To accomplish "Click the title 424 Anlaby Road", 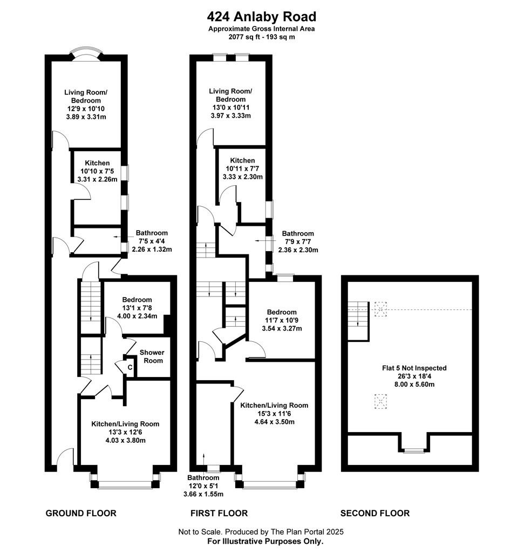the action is point(262,17).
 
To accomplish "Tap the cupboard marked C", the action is point(129,367).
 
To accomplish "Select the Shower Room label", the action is point(152,356).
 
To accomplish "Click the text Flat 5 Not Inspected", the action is point(414,368).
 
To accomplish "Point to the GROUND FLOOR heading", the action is point(81,513).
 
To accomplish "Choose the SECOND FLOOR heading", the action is point(375,513).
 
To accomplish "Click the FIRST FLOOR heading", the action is point(219,513).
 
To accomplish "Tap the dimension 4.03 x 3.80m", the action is point(125,440).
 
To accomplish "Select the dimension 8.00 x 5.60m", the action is point(414,385).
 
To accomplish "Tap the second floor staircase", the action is point(359,321).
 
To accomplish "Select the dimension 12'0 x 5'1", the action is point(203,486).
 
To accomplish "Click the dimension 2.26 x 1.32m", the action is point(152,249).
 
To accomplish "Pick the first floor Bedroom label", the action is point(282,312).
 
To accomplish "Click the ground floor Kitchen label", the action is point(97,163).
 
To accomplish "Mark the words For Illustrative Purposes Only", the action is point(265,541).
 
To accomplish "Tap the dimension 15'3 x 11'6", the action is point(274,414).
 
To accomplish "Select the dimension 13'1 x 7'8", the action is point(137,308).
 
